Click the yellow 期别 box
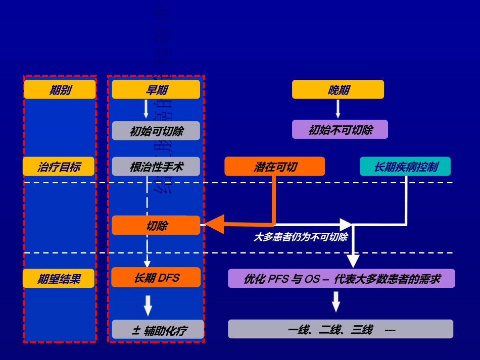(x=60, y=90)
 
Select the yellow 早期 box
(x=156, y=90)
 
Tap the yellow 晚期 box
(x=338, y=90)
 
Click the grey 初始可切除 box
(x=156, y=131)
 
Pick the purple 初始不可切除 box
(x=340, y=129)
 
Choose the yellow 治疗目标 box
(x=59, y=167)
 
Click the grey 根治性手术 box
(x=156, y=167)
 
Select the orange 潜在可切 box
(x=274, y=167)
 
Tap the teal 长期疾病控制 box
(x=405, y=167)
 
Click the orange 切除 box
(x=156, y=225)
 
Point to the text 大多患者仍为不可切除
(x=300, y=236)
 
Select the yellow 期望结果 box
(x=59, y=278)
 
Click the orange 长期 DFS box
(x=156, y=278)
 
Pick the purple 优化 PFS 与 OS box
(x=342, y=278)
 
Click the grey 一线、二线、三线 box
(x=340, y=329)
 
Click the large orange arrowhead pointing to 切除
(x=214, y=224)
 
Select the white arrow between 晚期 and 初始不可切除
(x=338, y=109)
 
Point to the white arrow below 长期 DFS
(x=148, y=305)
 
